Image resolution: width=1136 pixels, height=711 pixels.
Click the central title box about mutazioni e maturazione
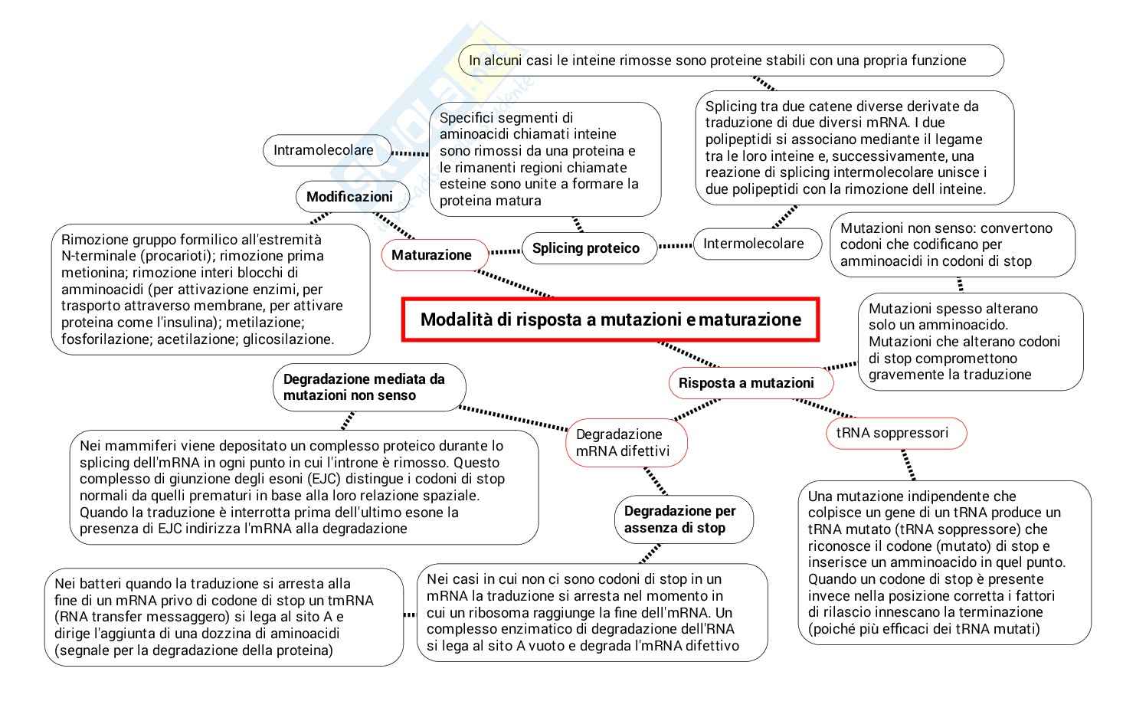pos(611,319)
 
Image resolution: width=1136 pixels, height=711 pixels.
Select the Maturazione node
pos(431,255)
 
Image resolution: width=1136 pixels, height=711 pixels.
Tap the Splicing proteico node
pos(586,248)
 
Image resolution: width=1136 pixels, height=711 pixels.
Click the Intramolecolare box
pos(323,150)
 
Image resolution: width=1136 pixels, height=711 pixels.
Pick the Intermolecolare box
pos(753,244)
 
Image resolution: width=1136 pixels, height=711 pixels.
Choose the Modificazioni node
pos(349,197)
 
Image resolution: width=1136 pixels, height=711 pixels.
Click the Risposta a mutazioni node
pos(746,383)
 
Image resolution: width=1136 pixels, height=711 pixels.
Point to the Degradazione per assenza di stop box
pos(679,519)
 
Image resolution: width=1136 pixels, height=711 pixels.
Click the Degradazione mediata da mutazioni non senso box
pos(364,387)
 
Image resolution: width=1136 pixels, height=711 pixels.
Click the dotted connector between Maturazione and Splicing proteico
pos(505,251)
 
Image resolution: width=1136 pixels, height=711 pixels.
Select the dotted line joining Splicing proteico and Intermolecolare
pos(675,246)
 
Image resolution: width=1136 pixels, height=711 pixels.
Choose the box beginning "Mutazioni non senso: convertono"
pos(952,244)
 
